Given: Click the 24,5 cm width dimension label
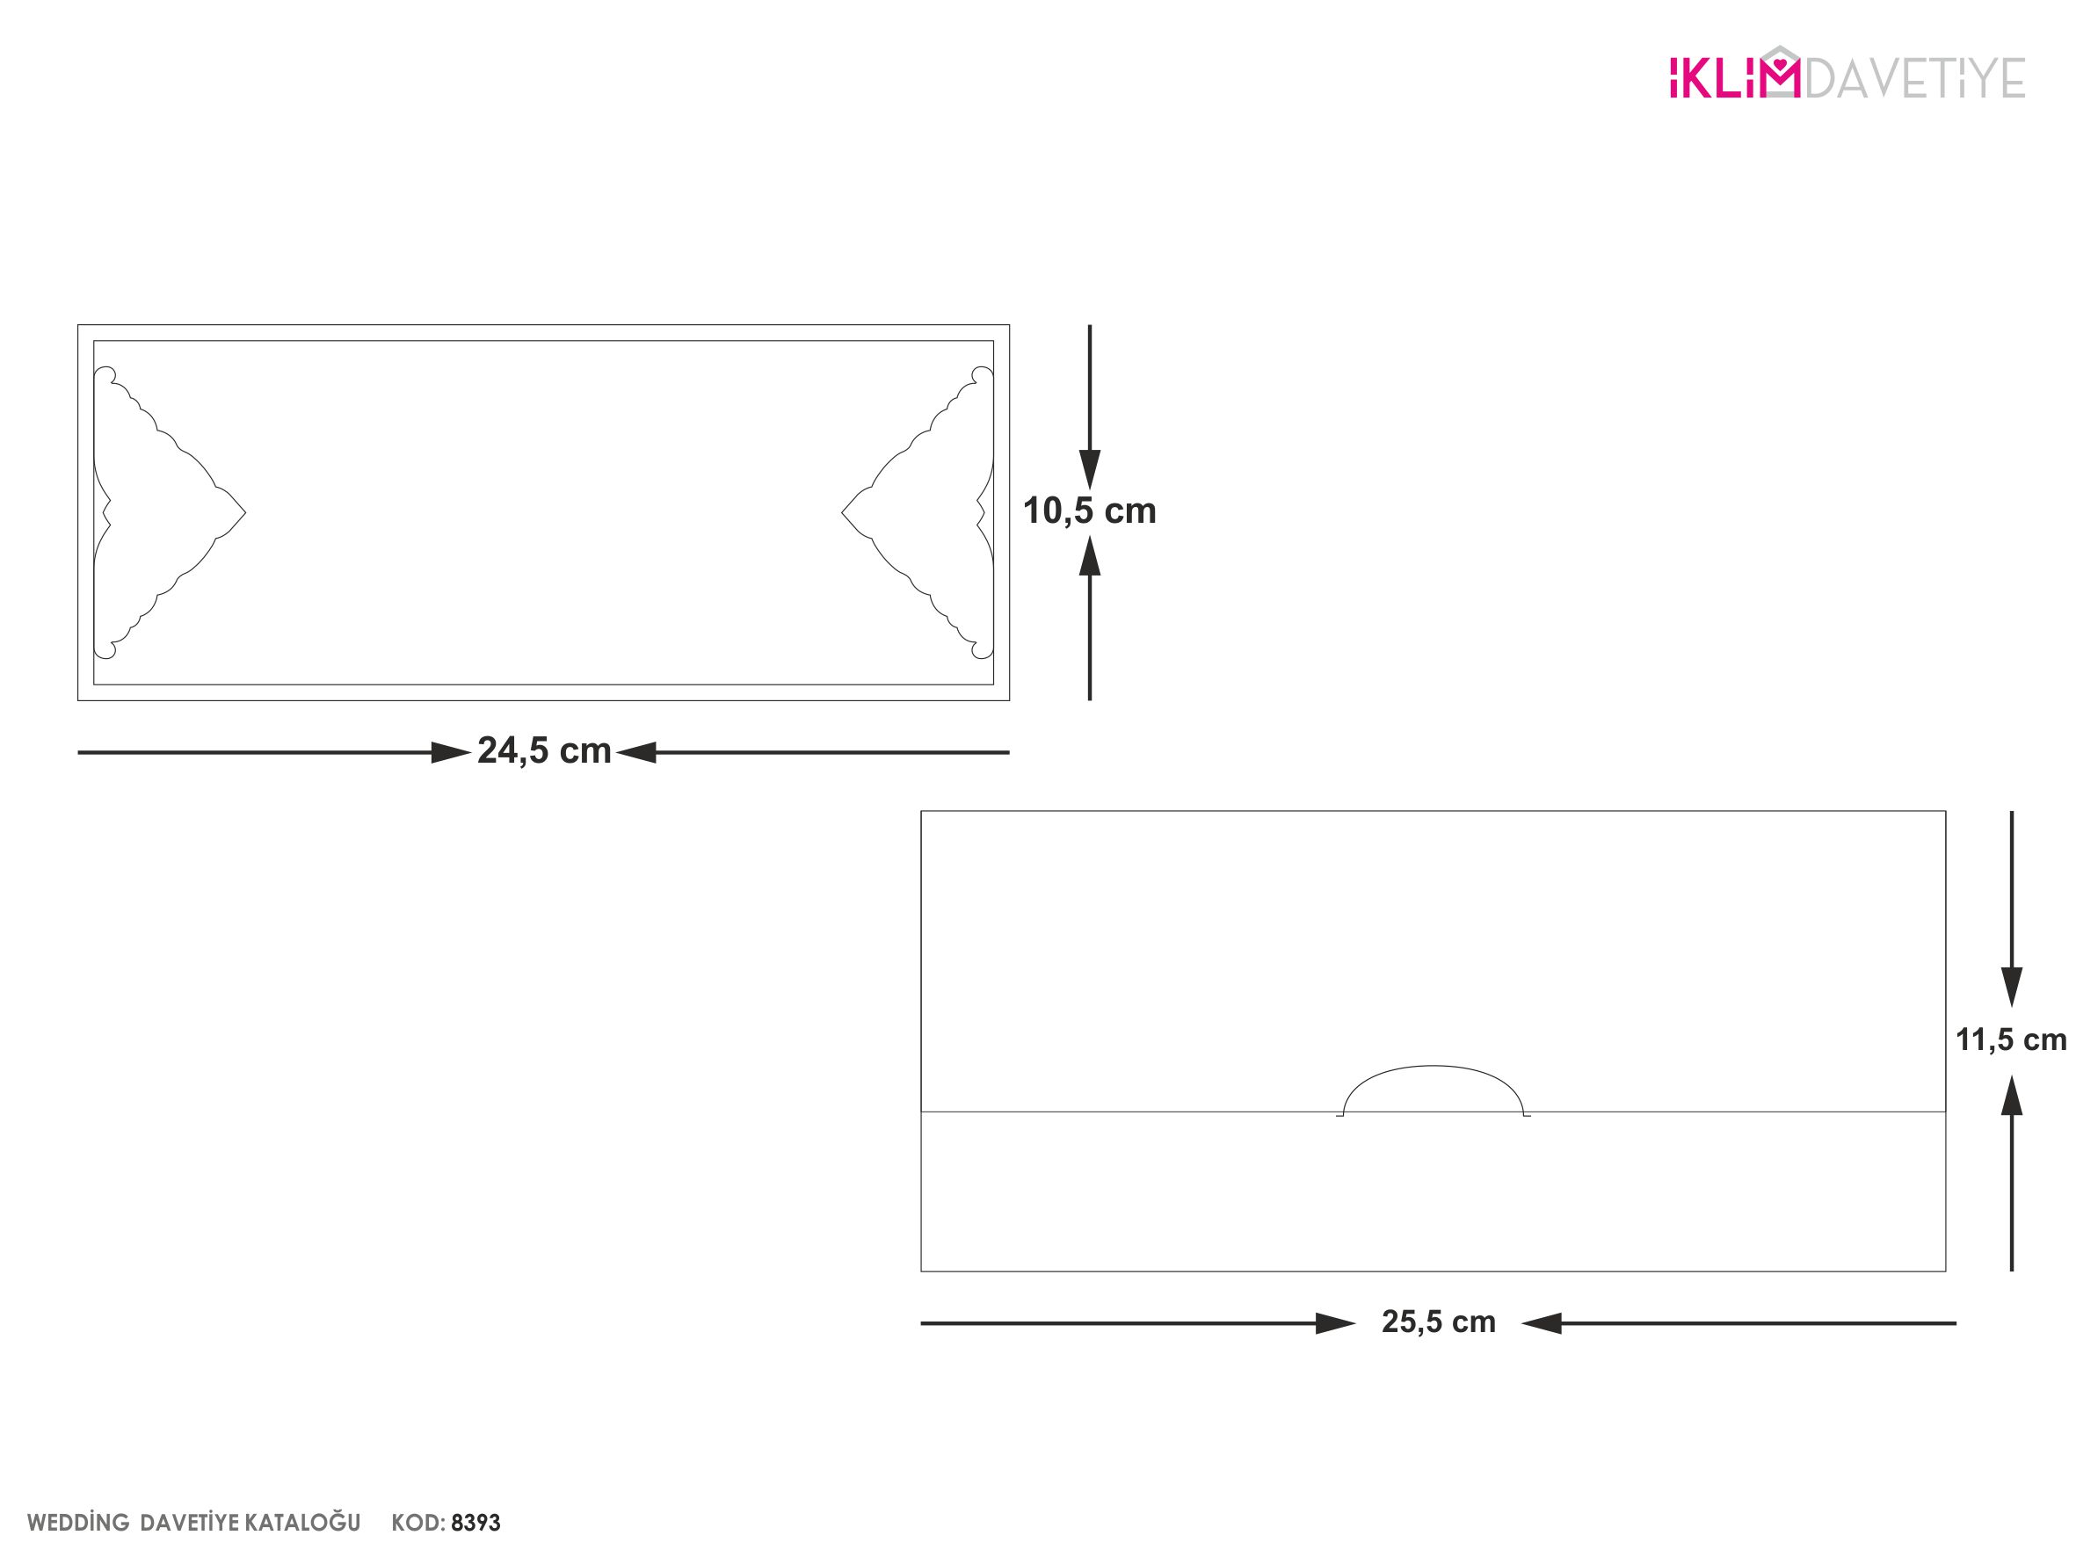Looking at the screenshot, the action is point(544,750).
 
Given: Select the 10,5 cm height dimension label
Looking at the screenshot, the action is point(1089,511).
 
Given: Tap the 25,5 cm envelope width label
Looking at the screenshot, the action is point(1439,1322).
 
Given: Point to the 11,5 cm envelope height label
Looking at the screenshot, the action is point(2011,1039).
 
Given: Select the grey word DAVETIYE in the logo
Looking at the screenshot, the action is point(1914,78).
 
